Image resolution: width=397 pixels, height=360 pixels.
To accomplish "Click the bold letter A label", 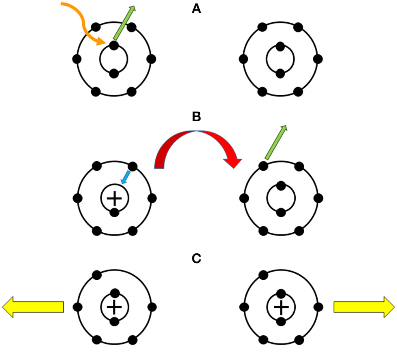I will point(196,9).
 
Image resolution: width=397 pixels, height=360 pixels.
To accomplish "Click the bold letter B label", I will point(196,117).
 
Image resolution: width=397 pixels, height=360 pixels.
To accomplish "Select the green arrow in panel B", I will point(276,142).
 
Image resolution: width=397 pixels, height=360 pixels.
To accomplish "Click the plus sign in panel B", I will point(114,198).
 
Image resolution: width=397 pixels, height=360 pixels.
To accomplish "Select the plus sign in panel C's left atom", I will point(114,307).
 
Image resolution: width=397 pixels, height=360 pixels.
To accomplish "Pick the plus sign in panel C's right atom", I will point(280,307).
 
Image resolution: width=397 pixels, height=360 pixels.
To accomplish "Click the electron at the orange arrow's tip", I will point(114,46).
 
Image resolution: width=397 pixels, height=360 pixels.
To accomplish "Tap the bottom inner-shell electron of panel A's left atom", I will point(114,73).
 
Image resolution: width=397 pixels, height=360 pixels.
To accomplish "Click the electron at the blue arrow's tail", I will point(132,166).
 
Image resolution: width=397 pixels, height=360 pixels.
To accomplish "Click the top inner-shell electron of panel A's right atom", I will point(280,46).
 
